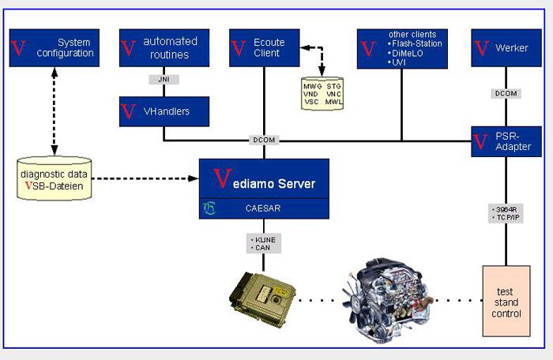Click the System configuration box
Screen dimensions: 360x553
[x=54, y=47]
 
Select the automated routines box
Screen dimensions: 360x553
[x=164, y=47]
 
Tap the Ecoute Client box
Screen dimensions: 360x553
[x=263, y=47]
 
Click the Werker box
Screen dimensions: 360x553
[x=506, y=47]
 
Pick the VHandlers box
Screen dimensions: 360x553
[x=164, y=111]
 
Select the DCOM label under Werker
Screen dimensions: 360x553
[x=506, y=93]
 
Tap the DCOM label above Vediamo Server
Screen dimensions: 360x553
[x=263, y=140]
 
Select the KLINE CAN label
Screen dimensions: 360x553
[x=262, y=242]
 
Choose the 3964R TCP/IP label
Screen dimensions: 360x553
[x=506, y=214]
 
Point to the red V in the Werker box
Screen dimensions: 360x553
[x=481, y=49]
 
